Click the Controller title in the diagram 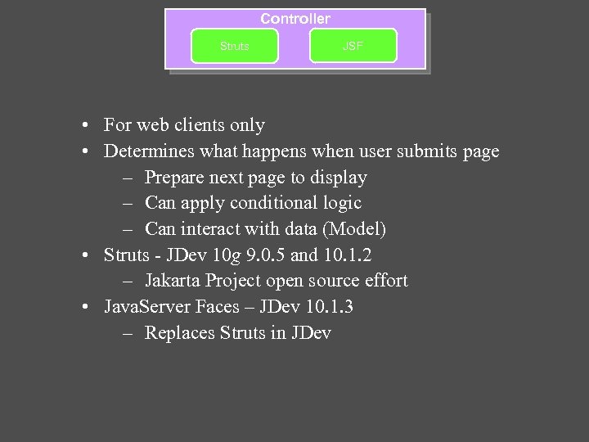(x=295, y=18)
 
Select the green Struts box (x=234, y=47)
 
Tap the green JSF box (x=353, y=47)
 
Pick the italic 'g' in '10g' (x=235, y=255)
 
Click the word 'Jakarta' (x=176, y=281)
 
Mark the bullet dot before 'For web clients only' (x=86, y=126)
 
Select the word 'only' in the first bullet (x=248, y=125)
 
